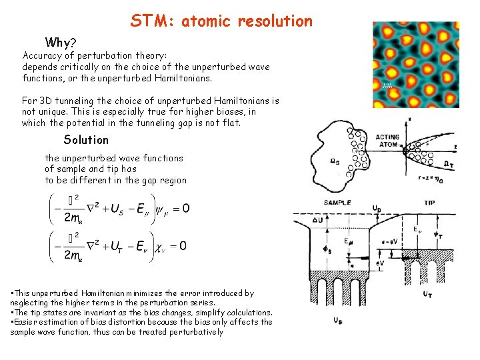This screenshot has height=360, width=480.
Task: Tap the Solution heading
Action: click(x=86, y=139)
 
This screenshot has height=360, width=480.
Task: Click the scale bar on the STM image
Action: click(x=387, y=85)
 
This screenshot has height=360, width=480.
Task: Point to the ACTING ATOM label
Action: click(x=387, y=141)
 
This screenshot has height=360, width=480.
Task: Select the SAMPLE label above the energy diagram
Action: click(x=338, y=202)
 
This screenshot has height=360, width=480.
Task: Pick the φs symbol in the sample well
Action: click(x=327, y=251)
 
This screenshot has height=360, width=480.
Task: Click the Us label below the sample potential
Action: click(x=339, y=321)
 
